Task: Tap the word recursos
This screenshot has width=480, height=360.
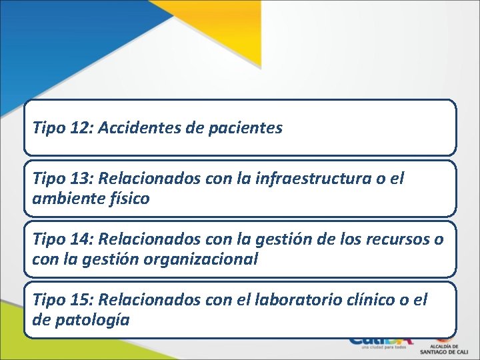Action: click(397, 241)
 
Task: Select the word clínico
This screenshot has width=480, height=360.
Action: click(376, 301)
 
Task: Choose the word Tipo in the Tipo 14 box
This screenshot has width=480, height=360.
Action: click(47, 241)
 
